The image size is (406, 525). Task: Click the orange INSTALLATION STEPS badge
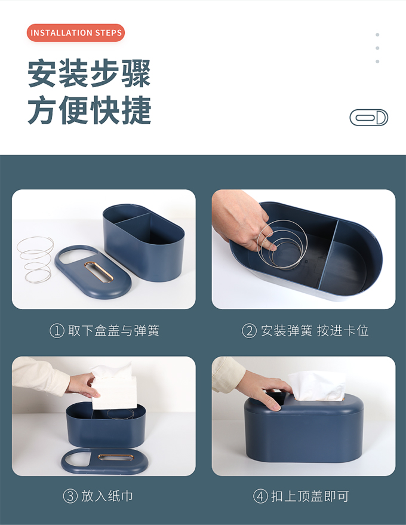[x=76, y=33]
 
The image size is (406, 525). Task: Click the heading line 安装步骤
[x=89, y=73]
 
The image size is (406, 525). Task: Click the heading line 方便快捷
[x=89, y=110]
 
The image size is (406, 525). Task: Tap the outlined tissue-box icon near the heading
[x=369, y=118]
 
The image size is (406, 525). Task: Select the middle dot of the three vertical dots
[x=377, y=48]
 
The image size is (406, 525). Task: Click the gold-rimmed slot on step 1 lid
[x=99, y=272]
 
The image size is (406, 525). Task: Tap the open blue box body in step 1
[x=144, y=242]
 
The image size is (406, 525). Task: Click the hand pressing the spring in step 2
[x=241, y=219]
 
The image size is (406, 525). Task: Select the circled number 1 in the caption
[x=57, y=331]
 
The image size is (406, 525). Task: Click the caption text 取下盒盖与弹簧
[x=114, y=331]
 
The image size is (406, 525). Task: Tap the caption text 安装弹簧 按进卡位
[x=315, y=331]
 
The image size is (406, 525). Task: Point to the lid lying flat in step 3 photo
[x=104, y=461]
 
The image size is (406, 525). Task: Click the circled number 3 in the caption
[x=70, y=496]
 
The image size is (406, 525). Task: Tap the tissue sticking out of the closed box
[x=317, y=386]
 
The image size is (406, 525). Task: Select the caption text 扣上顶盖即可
[x=310, y=496]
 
